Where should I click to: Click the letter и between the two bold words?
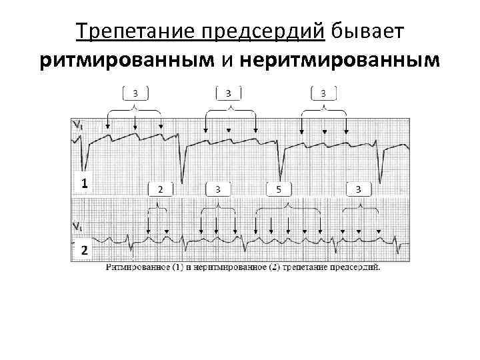[227, 61]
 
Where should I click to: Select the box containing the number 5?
[279, 189]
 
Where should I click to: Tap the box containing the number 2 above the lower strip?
[160, 189]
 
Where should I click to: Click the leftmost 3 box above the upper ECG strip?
[135, 92]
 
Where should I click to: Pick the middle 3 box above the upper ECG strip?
[229, 92]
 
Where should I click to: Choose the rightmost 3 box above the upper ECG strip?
[323, 92]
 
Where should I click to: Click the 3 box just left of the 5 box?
[218, 189]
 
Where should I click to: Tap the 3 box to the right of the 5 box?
[359, 189]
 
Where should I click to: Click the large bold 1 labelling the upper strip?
[84, 182]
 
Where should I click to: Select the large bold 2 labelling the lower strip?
[84, 251]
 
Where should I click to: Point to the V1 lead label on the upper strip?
[78, 124]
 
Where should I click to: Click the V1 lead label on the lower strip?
[78, 225]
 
